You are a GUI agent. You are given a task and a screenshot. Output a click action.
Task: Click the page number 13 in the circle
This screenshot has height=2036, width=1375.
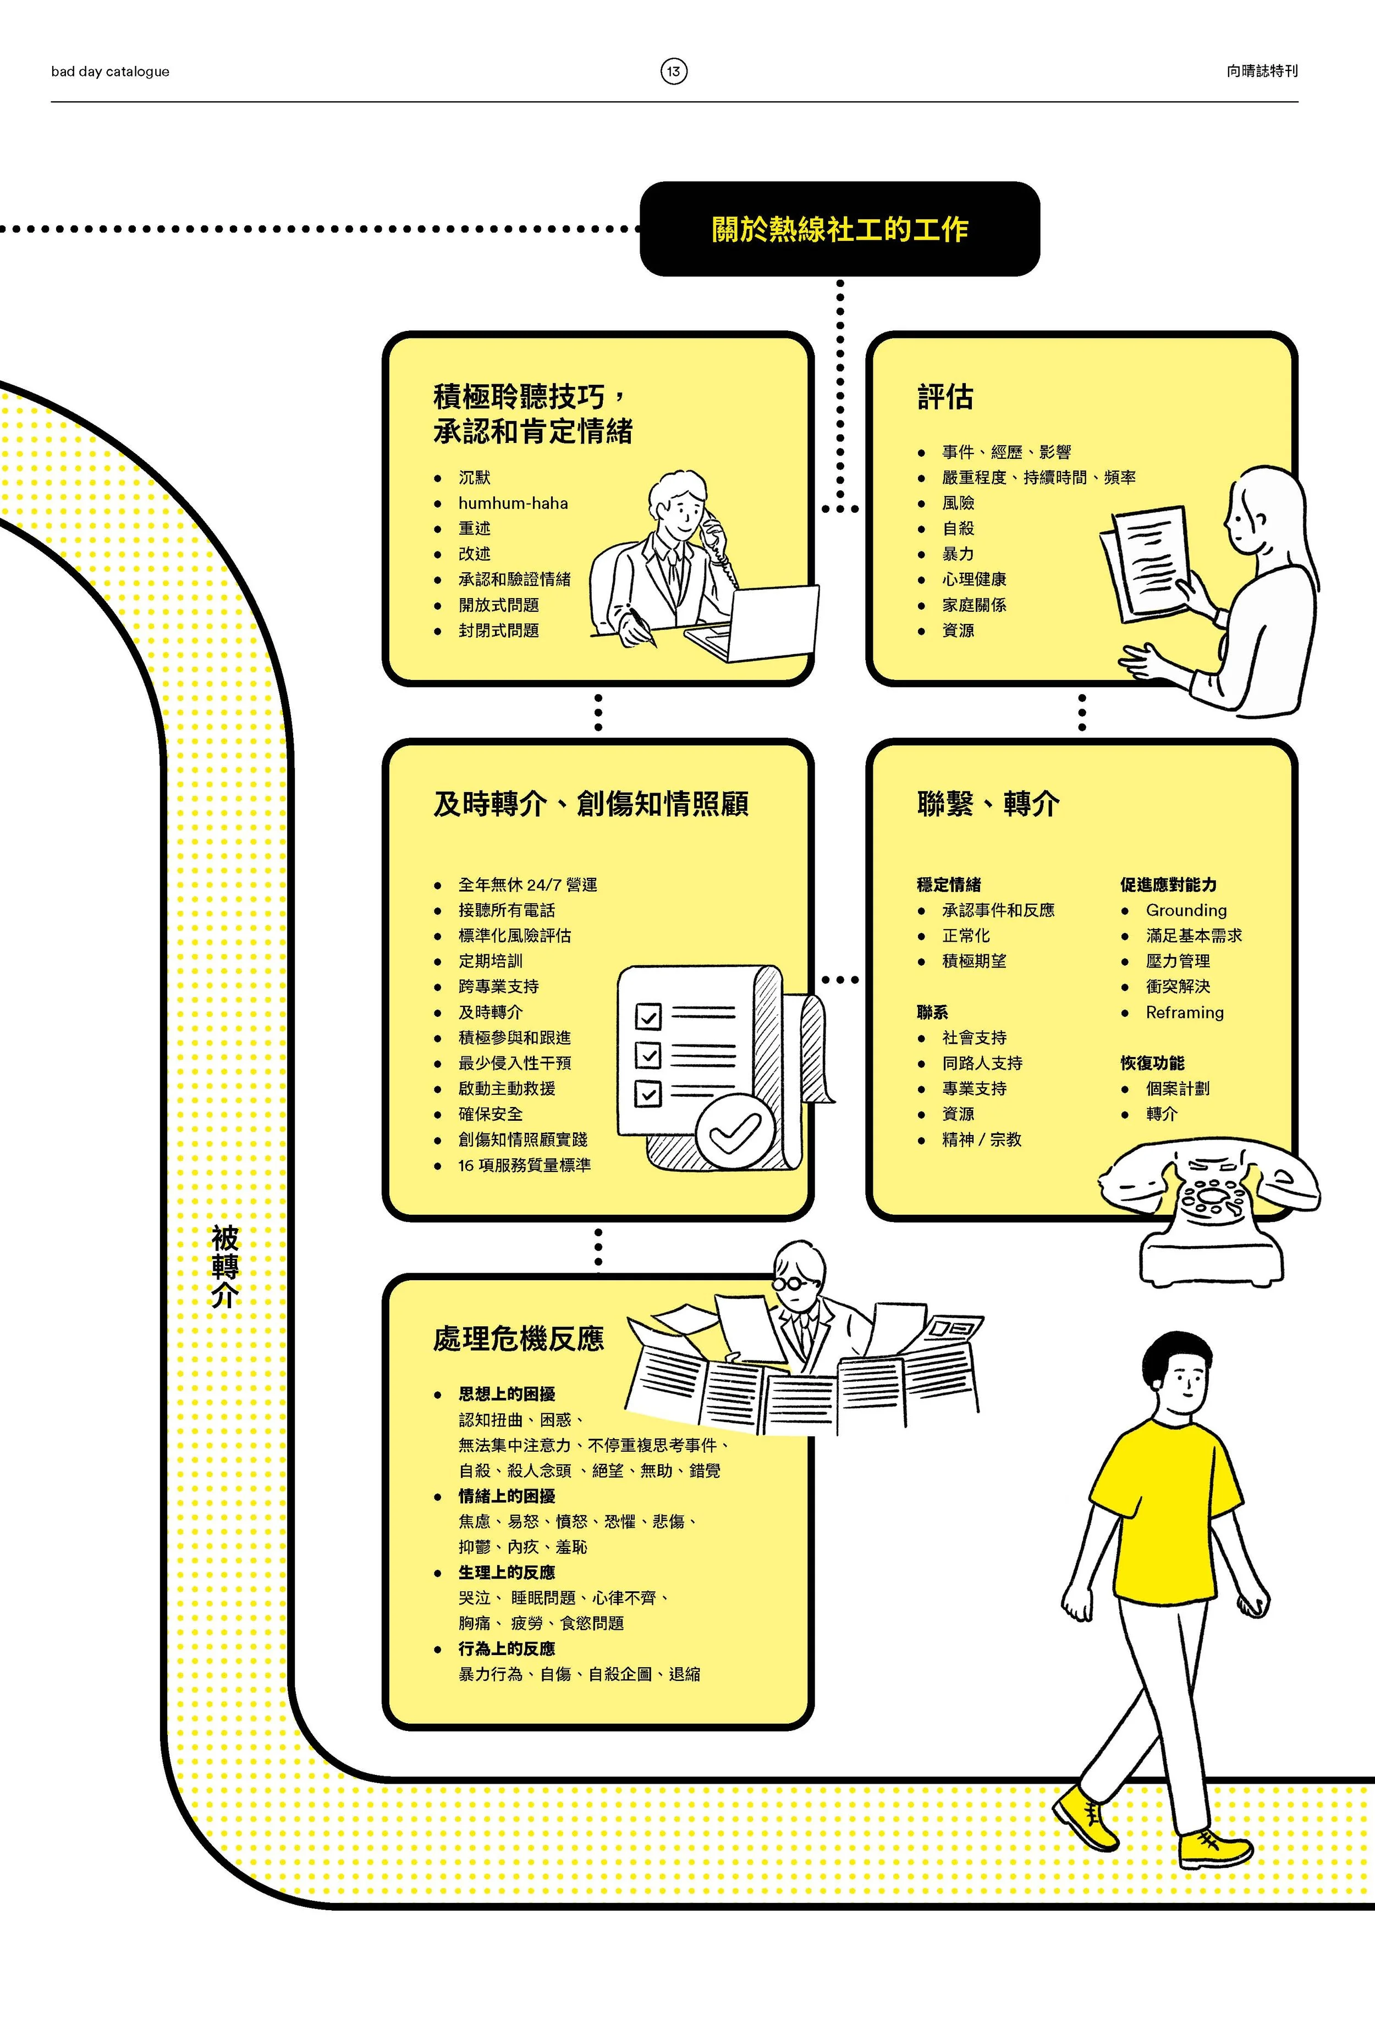[x=673, y=71]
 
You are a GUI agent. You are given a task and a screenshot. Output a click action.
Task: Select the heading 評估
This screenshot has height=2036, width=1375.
[x=945, y=397]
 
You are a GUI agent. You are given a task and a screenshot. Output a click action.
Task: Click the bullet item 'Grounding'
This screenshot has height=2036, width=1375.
[x=1186, y=910]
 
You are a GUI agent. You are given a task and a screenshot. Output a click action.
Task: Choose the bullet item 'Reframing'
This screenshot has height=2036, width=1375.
[x=1184, y=1013]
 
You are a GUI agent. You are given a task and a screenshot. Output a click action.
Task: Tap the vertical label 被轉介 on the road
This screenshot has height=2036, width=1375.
[x=224, y=1266]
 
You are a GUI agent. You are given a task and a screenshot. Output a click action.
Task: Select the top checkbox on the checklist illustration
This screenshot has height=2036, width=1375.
[x=648, y=1017]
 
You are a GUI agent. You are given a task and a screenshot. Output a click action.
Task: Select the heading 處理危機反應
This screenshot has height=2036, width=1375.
[x=518, y=1338]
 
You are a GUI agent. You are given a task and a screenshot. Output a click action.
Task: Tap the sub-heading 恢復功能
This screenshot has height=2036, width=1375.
[x=1152, y=1063]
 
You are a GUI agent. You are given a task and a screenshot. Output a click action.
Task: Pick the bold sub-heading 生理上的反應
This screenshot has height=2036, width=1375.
[x=507, y=1573]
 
